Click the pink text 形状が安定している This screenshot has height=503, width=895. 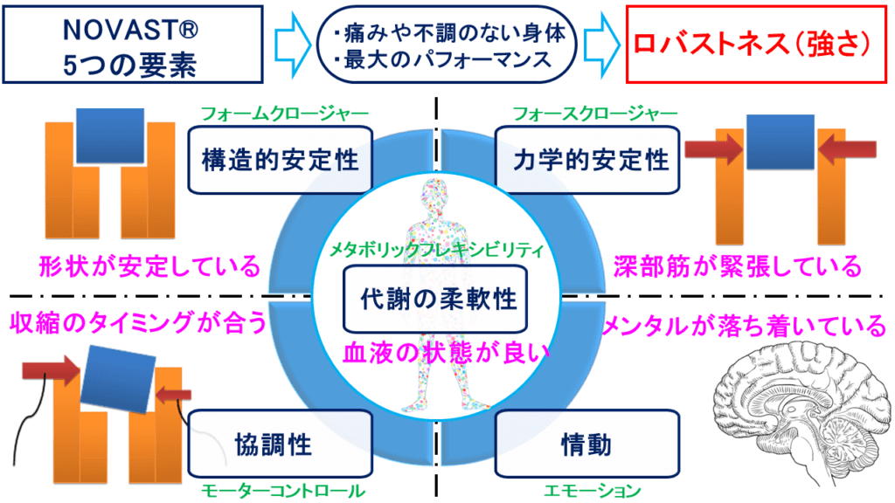(145, 265)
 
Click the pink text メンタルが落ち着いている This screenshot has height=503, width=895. (744, 326)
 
